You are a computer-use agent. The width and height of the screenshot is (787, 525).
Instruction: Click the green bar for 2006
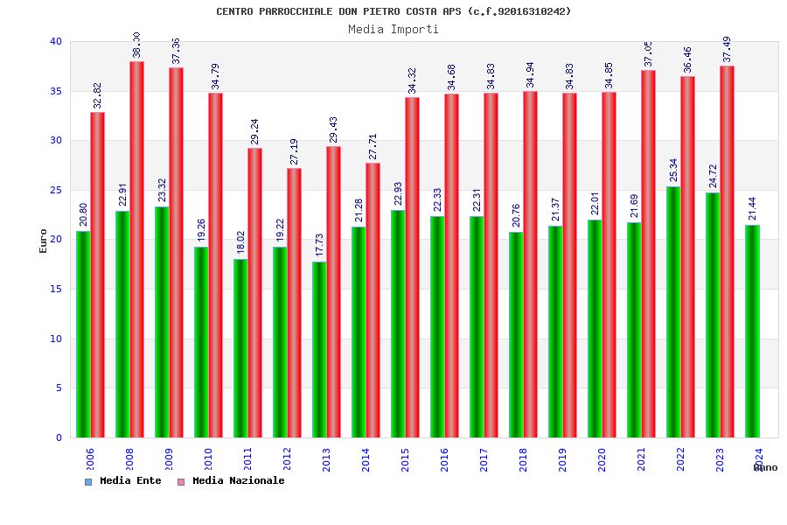83,334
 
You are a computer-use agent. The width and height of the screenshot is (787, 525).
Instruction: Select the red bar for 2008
136,249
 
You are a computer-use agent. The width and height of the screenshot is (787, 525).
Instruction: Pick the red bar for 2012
294,303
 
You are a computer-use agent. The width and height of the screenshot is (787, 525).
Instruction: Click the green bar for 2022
673,311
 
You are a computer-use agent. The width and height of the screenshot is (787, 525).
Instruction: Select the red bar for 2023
727,252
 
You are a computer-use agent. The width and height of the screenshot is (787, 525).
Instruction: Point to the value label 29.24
254,132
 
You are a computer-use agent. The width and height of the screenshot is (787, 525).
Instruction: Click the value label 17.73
319,246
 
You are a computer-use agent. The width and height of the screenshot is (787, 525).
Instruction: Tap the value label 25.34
673,171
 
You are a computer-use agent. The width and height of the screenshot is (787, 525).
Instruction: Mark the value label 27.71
373,147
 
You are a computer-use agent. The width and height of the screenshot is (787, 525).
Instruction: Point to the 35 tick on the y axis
56,91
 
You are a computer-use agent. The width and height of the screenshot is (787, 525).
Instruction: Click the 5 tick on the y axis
59,388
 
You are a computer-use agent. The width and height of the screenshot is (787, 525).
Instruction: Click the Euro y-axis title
44,241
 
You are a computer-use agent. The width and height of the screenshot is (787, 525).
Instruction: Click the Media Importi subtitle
393,29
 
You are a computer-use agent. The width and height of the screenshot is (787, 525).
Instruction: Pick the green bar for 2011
240,348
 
